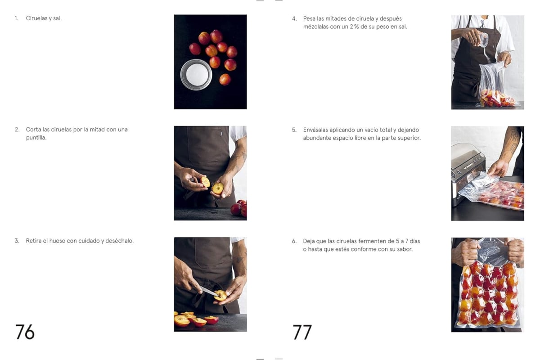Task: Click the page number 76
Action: pyautogui.click(x=25, y=332)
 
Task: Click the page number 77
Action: pyautogui.click(x=302, y=332)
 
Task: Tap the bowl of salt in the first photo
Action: pyautogui.click(x=196, y=74)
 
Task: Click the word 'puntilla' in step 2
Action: pyautogui.click(x=36, y=138)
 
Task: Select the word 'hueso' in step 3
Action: pyautogui.click(x=56, y=241)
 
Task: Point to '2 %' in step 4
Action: pyautogui.click(x=355, y=27)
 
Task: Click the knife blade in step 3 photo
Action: pyautogui.click(x=207, y=291)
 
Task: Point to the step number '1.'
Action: pyautogui.click(x=17, y=18)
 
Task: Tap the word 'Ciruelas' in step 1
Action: pyautogui.click(x=36, y=18)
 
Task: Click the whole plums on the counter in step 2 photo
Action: pyautogui.click(x=239, y=208)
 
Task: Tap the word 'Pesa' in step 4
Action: pyautogui.click(x=309, y=18)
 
